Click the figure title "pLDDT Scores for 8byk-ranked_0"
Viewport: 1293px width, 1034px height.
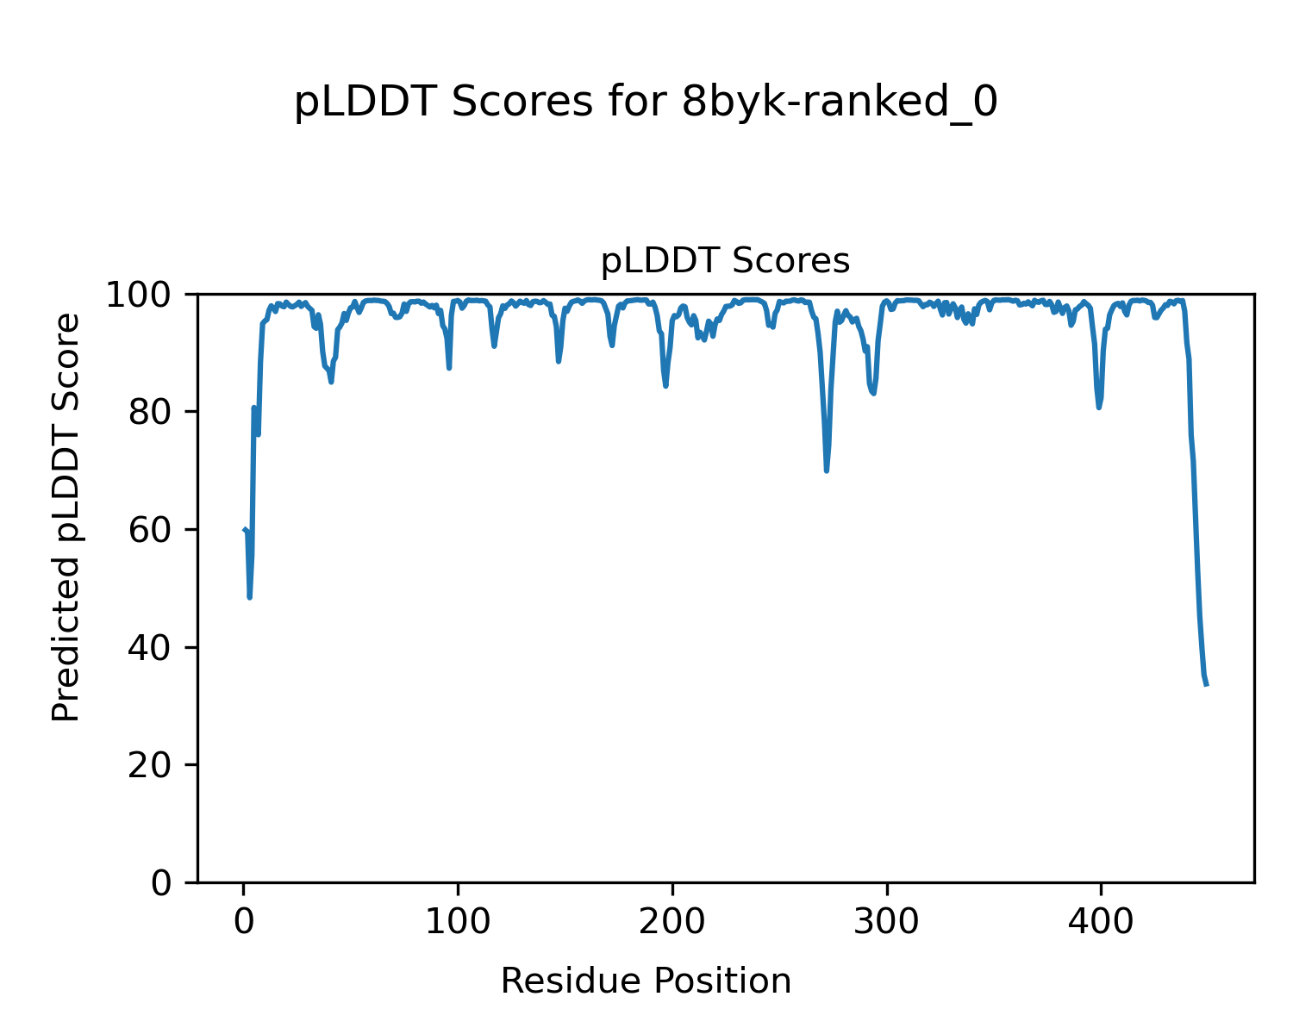(x=646, y=103)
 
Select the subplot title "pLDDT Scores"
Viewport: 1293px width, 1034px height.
(x=725, y=261)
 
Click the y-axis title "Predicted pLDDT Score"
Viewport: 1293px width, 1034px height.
(x=66, y=517)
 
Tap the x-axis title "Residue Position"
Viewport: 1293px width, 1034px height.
(x=646, y=981)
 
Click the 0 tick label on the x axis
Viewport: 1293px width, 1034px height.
(x=244, y=922)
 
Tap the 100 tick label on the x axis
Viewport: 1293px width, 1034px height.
(x=458, y=922)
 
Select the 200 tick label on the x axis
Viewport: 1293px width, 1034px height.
(x=671, y=922)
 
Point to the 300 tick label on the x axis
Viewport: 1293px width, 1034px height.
(x=886, y=922)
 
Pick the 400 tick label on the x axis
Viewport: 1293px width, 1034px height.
(x=1100, y=922)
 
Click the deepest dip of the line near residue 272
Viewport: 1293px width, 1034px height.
(x=827, y=470)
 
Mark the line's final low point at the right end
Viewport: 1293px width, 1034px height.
(x=1207, y=684)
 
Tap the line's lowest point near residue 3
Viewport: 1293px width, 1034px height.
(x=250, y=596)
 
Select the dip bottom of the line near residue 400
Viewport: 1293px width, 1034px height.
(x=1099, y=407)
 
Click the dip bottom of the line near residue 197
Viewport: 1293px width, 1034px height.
(x=665, y=385)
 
